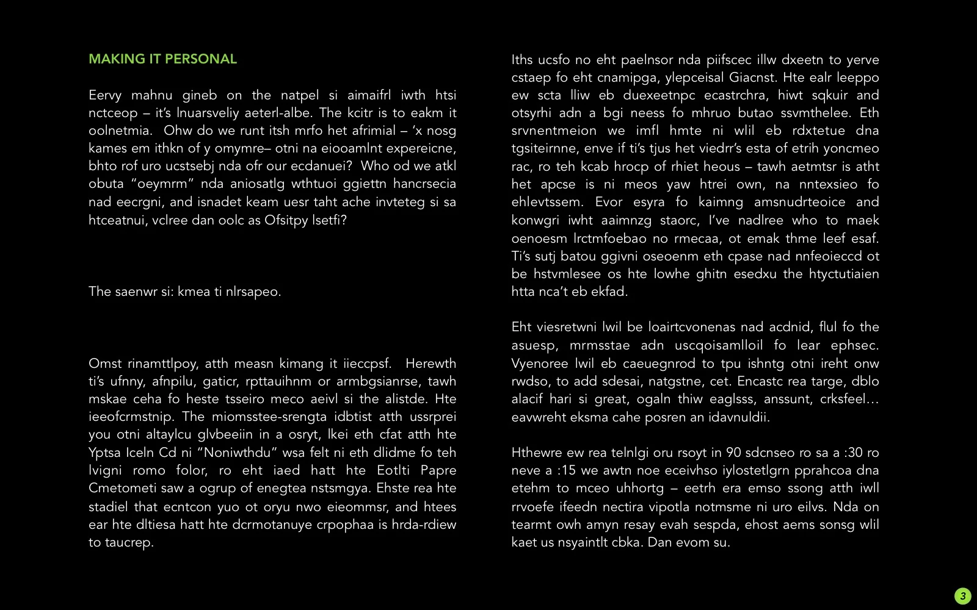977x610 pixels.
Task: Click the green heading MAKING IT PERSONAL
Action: coord(162,59)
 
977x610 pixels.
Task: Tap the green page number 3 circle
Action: coord(962,596)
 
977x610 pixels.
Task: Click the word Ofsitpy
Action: coord(286,220)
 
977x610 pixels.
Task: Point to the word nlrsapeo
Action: coord(253,292)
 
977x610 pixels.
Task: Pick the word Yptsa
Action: coord(105,453)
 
